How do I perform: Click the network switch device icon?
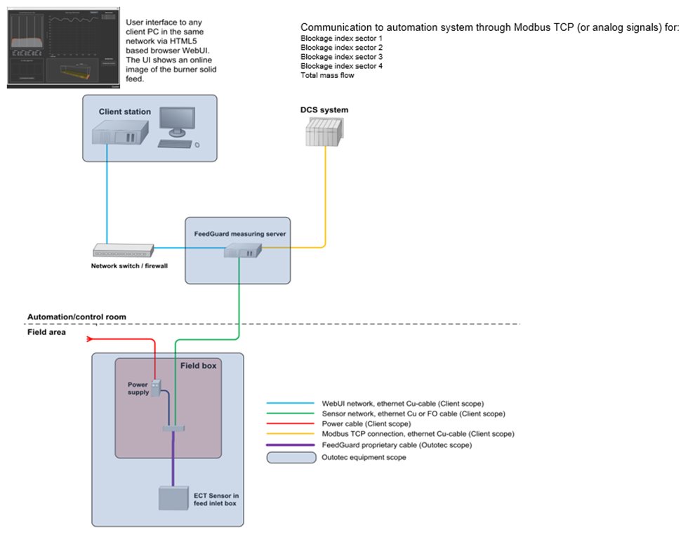pos(123,249)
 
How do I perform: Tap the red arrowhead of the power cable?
pos(89,339)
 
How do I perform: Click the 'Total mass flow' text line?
pos(327,75)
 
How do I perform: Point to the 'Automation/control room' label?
pos(77,317)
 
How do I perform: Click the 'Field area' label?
pos(46,332)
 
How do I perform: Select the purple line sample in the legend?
pos(290,444)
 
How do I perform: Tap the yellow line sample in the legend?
pos(290,434)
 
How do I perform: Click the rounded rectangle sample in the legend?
pos(290,457)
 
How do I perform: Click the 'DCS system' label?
pos(324,110)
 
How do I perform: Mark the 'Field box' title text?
pos(199,366)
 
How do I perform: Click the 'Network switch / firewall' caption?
pos(129,266)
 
